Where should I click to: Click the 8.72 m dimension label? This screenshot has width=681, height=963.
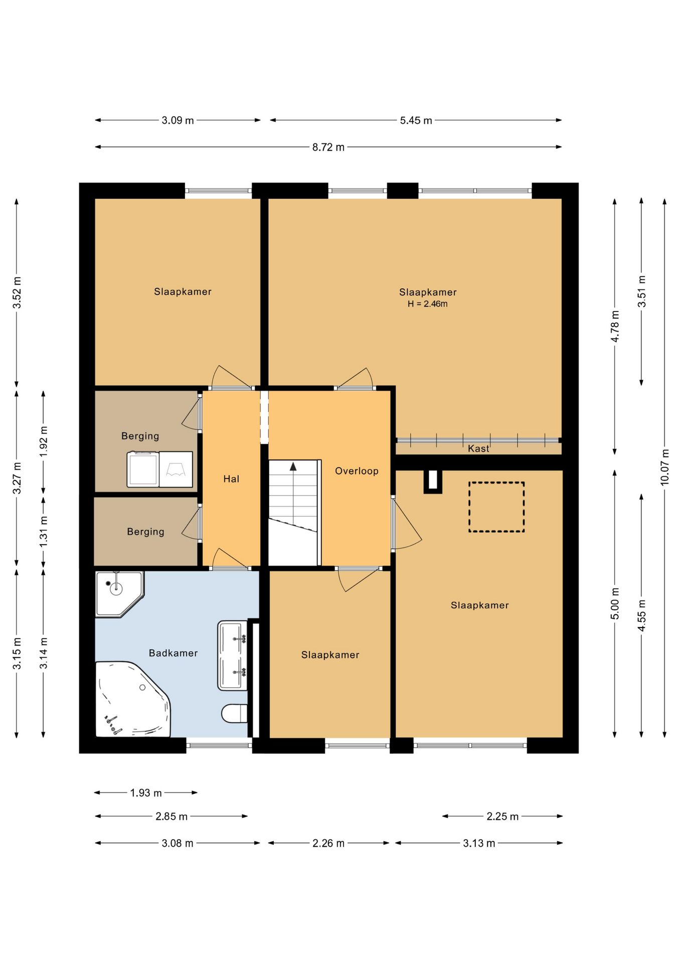tap(328, 147)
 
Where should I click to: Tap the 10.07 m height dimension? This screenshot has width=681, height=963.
tap(665, 467)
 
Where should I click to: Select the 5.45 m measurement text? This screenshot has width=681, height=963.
tap(416, 120)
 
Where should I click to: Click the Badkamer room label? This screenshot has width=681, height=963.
tap(173, 653)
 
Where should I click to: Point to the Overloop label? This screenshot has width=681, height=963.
tap(357, 471)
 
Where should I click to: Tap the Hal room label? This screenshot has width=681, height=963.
tap(231, 479)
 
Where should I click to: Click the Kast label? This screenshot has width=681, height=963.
tap(478, 448)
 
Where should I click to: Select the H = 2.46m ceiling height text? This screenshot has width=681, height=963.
tap(428, 304)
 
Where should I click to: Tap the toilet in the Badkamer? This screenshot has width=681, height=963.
tap(234, 713)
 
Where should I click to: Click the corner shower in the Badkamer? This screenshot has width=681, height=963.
tap(119, 594)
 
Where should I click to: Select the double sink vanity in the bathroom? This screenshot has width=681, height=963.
tap(232, 656)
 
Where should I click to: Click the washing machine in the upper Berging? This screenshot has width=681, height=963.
tap(143, 469)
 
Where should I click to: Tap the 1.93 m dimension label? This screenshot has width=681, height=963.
tap(146, 793)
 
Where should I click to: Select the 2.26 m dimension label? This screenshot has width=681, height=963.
tap(328, 843)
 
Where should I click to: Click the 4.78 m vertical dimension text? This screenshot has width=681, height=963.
tap(615, 326)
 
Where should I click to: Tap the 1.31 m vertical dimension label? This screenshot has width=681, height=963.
tap(44, 531)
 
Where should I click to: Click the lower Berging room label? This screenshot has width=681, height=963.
tap(145, 532)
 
